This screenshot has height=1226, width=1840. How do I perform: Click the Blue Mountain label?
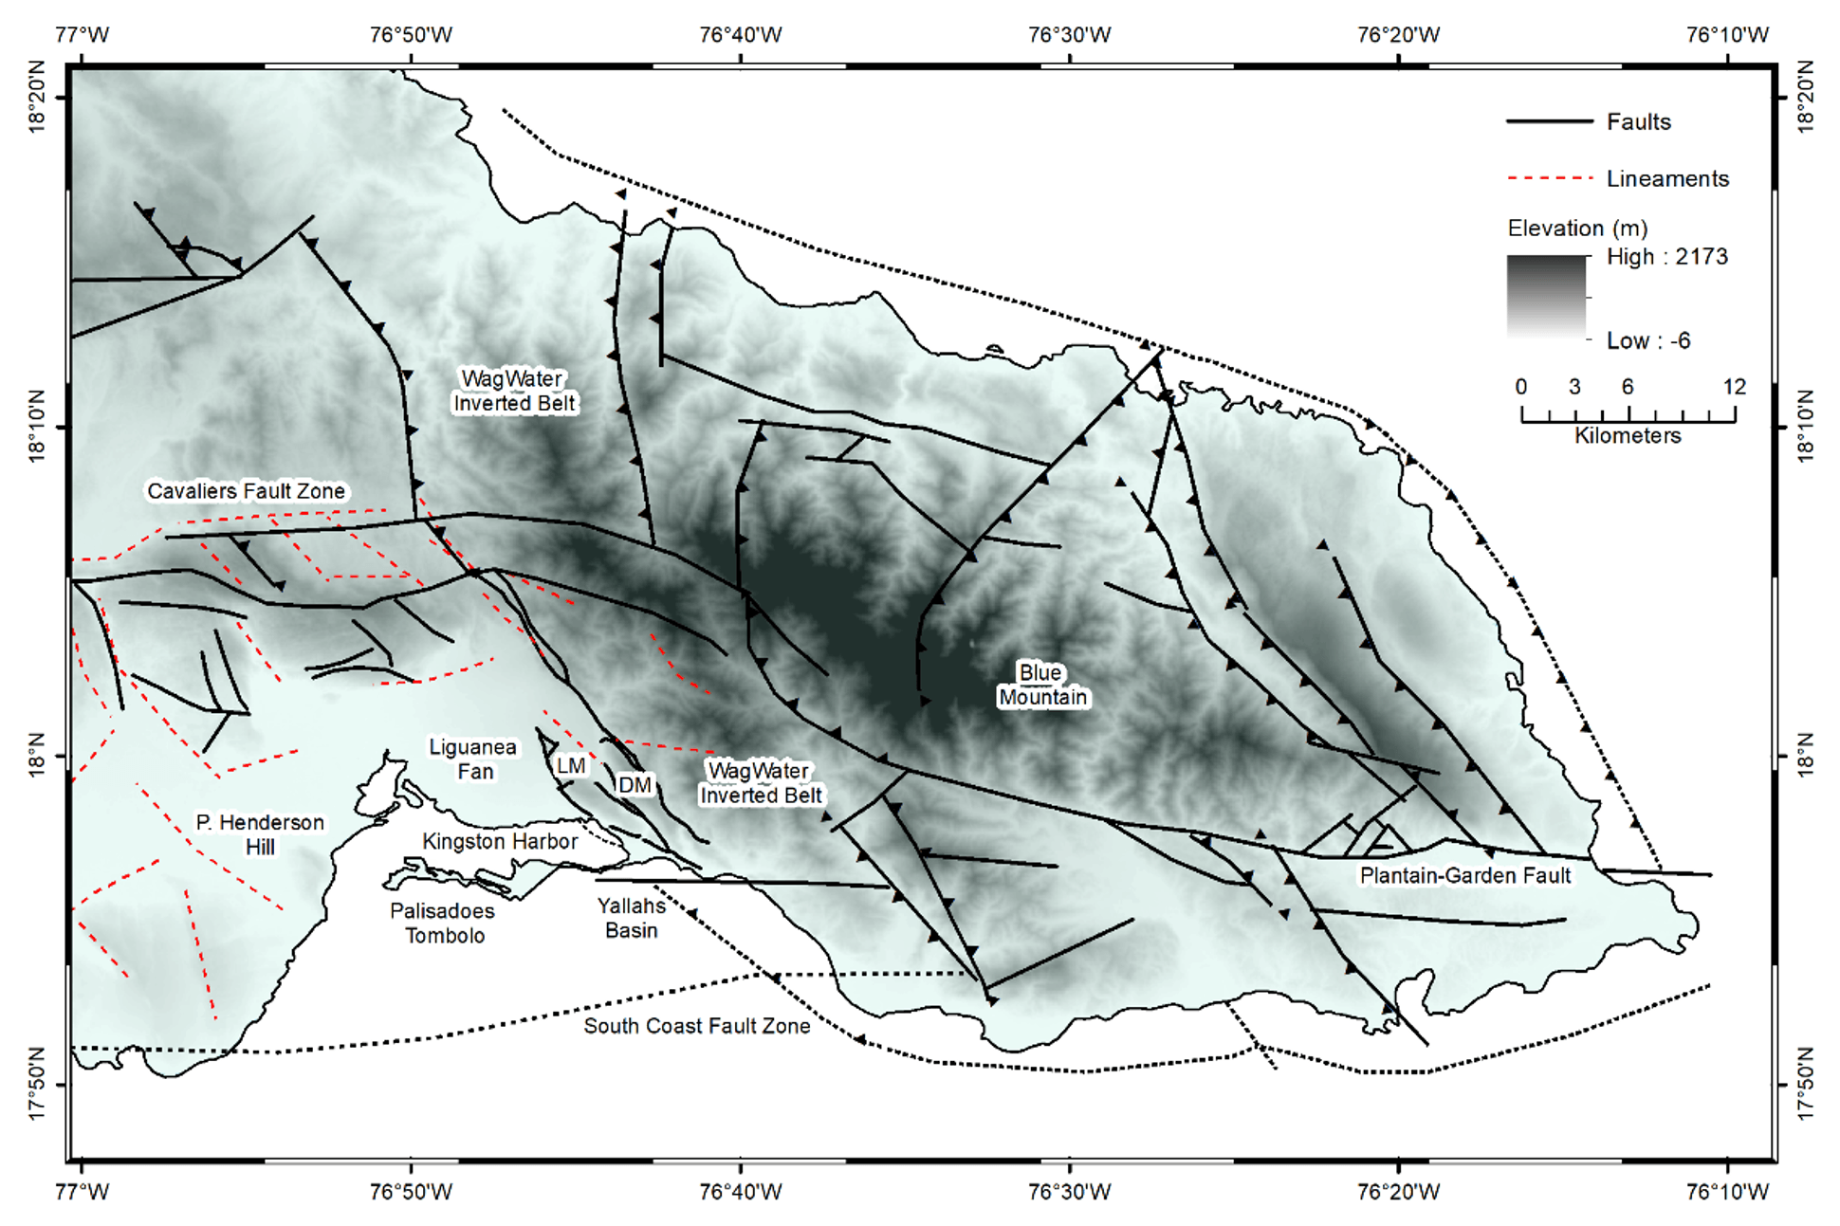[1041, 685]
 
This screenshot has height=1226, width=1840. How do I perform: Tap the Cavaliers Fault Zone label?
[246, 491]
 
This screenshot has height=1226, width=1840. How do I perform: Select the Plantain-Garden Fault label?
[1464, 875]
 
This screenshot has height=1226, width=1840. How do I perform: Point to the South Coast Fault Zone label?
[696, 1026]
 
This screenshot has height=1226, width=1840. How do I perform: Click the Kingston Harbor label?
[499, 841]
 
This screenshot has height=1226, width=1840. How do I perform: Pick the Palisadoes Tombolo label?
[443, 923]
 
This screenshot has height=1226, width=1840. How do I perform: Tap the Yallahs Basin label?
[631, 917]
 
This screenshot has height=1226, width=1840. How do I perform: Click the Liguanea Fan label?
[473, 759]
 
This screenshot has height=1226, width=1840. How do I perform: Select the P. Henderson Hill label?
[260, 834]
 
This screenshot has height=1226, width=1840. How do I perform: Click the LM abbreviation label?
[570, 765]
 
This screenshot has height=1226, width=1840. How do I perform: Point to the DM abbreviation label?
[634, 784]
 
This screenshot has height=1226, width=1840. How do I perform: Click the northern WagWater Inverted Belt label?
[513, 391]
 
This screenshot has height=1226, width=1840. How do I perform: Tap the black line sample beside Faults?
[1549, 121]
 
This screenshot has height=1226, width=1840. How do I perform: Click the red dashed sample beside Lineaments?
[1549, 178]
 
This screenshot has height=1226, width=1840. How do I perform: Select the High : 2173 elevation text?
[1666, 257]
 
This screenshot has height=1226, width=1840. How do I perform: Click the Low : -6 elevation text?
[1647, 340]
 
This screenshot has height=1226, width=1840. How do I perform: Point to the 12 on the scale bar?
[1734, 387]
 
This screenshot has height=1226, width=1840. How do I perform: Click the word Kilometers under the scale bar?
[1628, 435]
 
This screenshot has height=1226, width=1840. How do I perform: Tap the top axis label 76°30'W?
[1069, 35]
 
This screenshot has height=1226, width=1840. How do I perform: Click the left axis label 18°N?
[36, 756]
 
